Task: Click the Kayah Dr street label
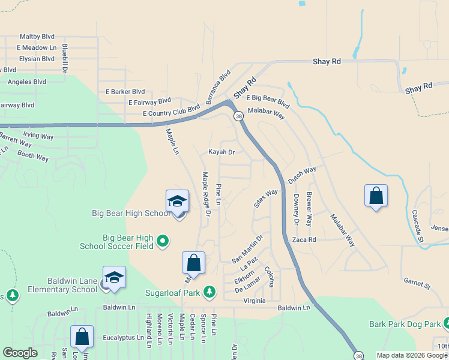[221, 152]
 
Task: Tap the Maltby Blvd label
[37, 37]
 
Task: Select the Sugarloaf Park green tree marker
[209, 292]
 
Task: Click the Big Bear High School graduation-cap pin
[178, 202]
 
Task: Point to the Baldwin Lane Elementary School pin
[114, 278]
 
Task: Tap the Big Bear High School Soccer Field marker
[162, 241]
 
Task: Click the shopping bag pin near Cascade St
[376, 196]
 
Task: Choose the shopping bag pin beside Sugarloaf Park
[193, 263]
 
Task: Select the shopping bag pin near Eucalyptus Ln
[82, 337]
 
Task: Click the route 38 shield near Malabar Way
[238, 116]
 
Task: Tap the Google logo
[20, 353]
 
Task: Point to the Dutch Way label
[302, 175]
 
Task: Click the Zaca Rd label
[304, 239]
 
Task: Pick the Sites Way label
[266, 198]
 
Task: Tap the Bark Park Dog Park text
[405, 325]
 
